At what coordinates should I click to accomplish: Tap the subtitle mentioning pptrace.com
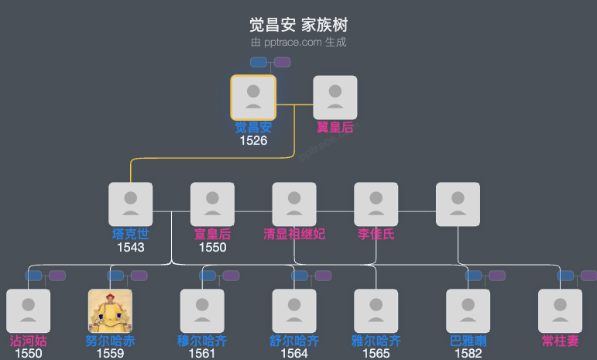[x=298, y=42]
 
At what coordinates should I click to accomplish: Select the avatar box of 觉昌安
[x=253, y=98]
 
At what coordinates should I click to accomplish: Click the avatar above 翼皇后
[x=335, y=98]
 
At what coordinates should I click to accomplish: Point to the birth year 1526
[x=253, y=141]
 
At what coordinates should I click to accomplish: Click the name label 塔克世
[x=130, y=234]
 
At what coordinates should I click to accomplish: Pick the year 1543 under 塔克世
[x=130, y=247]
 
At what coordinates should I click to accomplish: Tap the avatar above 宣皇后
[x=212, y=204]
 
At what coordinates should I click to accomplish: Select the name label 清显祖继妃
[x=294, y=234]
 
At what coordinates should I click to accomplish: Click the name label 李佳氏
[x=376, y=234]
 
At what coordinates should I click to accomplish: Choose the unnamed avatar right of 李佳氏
[x=458, y=204]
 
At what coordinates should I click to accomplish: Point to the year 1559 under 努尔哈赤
[x=110, y=354]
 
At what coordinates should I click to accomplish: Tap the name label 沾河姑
[x=28, y=341]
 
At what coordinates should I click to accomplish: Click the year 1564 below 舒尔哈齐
[x=294, y=354]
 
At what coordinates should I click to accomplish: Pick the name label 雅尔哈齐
[x=376, y=341]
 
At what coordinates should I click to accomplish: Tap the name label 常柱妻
[x=560, y=341]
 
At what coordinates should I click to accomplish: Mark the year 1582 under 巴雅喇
[x=468, y=354]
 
